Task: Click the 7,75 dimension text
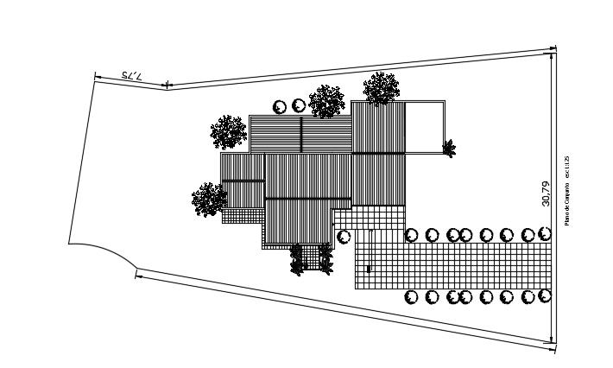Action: pyautogui.click(x=132, y=77)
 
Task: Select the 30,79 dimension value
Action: pyautogui.click(x=545, y=194)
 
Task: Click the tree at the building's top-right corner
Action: pyautogui.click(x=381, y=88)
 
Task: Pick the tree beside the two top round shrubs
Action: pyautogui.click(x=327, y=101)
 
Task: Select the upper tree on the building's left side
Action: pyautogui.click(x=229, y=132)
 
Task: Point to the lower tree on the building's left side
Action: pyautogui.click(x=209, y=199)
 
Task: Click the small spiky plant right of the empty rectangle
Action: pyautogui.click(x=449, y=148)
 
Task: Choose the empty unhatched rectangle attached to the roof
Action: pyautogui.click(x=425, y=127)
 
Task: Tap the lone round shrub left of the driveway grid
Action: pyautogui.click(x=344, y=236)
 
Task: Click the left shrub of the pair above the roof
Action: pyautogui.click(x=280, y=106)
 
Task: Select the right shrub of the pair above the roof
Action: pyautogui.click(x=299, y=105)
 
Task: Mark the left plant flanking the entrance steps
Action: pyautogui.click(x=297, y=258)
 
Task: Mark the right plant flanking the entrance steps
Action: pyautogui.click(x=325, y=258)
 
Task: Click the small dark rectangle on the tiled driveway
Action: pyautogui.click(x=370, y=270)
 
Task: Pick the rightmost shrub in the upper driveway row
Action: pyautogui.click(x=545, y=234)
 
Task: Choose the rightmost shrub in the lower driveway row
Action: pyautogui.click(x=545, y=296)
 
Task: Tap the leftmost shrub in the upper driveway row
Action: pyautogui.click(x=412, y=235)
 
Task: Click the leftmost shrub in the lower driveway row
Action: pyautogui.click(x=412, y=297)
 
